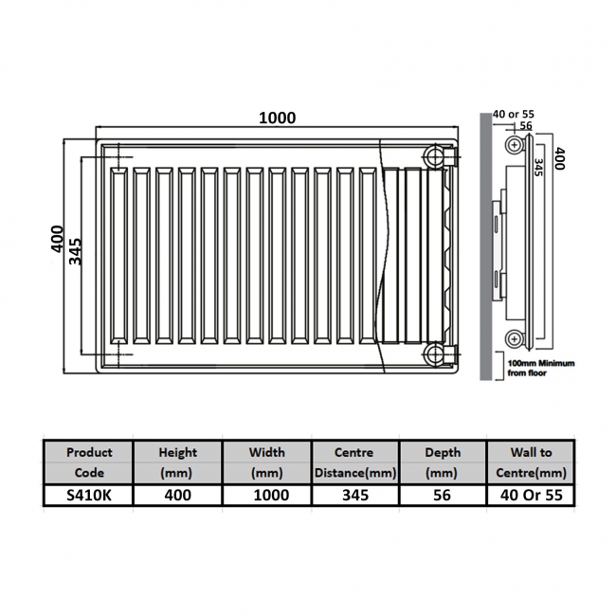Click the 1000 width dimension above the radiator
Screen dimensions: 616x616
[x=278, y=118]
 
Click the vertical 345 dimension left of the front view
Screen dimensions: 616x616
[x=76, y=253]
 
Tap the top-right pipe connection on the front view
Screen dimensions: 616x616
[x=434, y=154]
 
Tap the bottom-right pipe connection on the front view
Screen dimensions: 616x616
[x=434, y=354]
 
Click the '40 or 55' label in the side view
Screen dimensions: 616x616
[x=512, y=116]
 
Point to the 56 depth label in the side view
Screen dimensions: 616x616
[x=524, y=126]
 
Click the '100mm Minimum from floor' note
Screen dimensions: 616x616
[x=538, y=369]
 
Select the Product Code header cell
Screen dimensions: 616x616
[x=88, y=462]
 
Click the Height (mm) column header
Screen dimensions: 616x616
[x=177, y=462]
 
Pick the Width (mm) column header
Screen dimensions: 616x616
[x=266, y=462]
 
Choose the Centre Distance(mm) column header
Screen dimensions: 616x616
[x=354, y=462]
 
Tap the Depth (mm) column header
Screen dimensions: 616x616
[x=442, y=462]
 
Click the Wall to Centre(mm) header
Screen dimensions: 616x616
[x=530, y=462]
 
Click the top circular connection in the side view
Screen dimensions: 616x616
[x=514, y=145]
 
